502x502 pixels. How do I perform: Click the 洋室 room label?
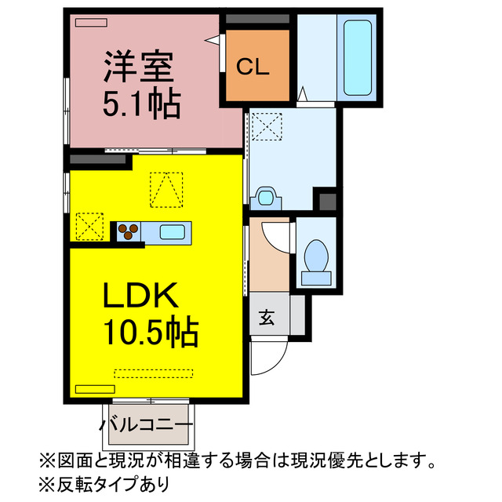coord(138,67)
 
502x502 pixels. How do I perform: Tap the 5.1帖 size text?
coord(142,103)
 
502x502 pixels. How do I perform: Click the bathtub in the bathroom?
coord(358,57)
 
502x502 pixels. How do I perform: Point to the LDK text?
coord(140,295)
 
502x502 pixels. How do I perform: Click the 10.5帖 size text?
coord(151,331)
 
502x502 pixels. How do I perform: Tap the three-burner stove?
coord(129,231)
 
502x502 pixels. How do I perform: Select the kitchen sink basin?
coord(173,232)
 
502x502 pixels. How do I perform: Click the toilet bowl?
coord(316,256)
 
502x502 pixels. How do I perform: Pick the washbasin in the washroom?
coord(265,198)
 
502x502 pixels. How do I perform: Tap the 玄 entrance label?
coord(267,318)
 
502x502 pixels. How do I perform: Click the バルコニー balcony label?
coord(146,425)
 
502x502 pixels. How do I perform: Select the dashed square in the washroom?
coord(267,127)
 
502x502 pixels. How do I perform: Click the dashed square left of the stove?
coord(89,227)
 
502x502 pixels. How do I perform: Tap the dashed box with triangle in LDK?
coord(166,190)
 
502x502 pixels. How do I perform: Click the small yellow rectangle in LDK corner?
coord(95,389)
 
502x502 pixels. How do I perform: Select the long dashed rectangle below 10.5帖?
coord(154,373)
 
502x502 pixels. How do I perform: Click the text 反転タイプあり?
coord(112,485)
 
